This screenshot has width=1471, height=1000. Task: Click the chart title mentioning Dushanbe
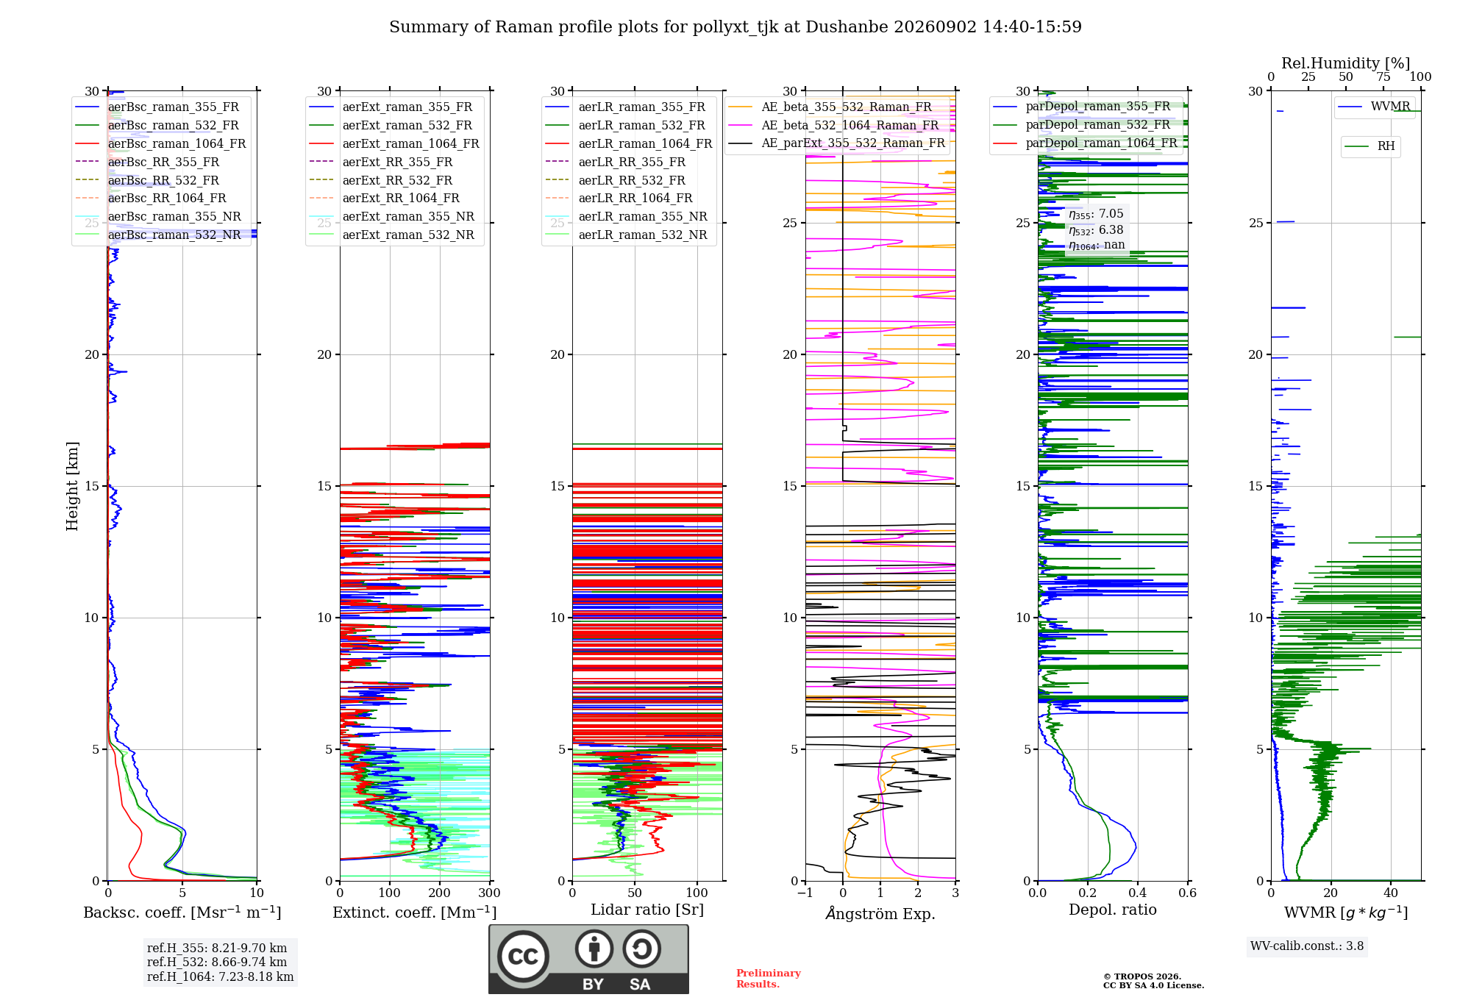tap(735, 27)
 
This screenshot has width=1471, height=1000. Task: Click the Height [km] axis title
tap(72, 486)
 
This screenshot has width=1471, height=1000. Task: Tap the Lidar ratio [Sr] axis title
tap(647, 910)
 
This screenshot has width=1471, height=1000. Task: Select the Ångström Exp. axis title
tap(880, 913)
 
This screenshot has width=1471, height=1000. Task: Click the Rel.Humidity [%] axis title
tap(1346, 63)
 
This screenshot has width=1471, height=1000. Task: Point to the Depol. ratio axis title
tap(1113, 910)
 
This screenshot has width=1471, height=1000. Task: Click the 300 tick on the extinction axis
tap(490, 893)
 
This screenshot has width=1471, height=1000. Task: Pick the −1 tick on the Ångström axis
tap(805, 893)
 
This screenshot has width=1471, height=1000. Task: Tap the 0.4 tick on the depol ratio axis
tap(1138, 893)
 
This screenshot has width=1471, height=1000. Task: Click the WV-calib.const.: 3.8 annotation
tap(1307, 946)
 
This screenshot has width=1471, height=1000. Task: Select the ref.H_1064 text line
tap(220, 977)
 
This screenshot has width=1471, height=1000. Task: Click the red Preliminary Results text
tap(769, 979)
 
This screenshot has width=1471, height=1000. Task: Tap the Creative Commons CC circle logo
tap(523, 956)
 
